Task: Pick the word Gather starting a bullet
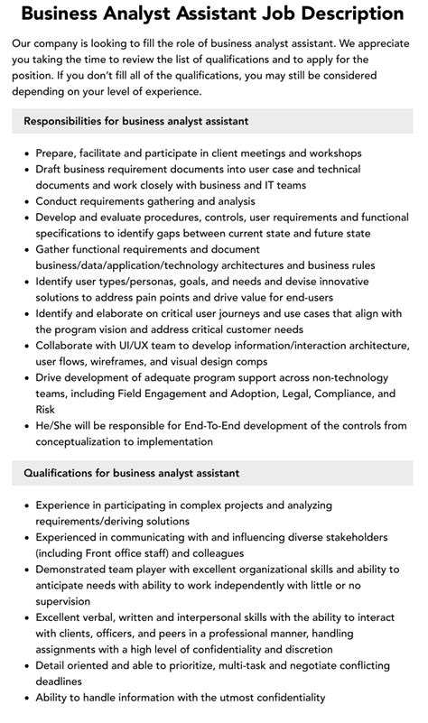click(56, 249)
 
